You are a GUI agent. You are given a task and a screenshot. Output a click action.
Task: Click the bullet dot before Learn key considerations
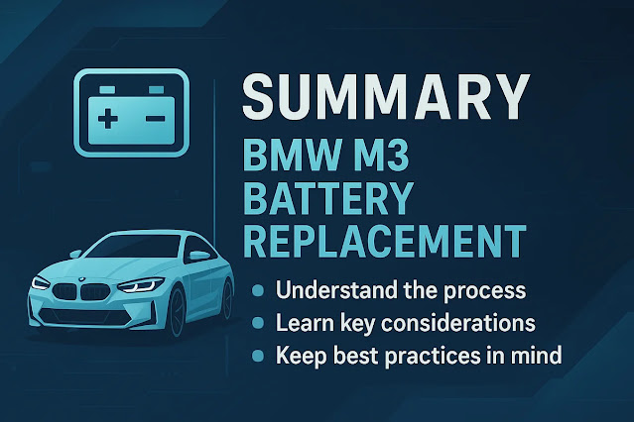tap(259, 323)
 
